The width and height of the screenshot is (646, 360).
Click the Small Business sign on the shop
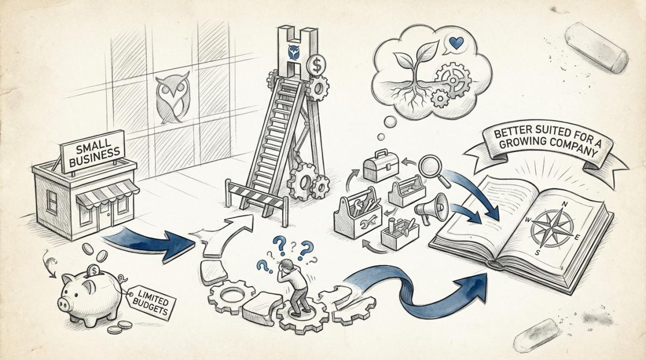point(93,152)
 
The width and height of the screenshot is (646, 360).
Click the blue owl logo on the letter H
point(294,52)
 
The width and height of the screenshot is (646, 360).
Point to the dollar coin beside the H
point(317,66)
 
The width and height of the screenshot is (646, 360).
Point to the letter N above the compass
point(565,204)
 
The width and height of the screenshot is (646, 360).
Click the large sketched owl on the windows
point(172,98)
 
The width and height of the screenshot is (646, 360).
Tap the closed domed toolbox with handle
point(381,166)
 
